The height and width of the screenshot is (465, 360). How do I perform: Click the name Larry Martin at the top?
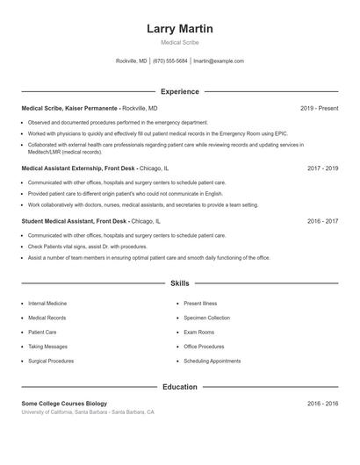point(180,29)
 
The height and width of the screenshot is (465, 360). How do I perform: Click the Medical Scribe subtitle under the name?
point(180,42)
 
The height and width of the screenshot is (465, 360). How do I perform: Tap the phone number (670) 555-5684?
point(170,61)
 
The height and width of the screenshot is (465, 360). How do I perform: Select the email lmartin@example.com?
point(219,61)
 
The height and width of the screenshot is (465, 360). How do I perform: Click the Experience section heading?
point(180,91)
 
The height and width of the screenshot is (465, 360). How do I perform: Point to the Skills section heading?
point(180,283)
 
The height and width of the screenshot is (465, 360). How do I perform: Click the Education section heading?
point(180,387)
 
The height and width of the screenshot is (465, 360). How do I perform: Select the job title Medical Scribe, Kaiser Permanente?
point(69,108)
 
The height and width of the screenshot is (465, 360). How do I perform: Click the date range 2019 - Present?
point(319,108)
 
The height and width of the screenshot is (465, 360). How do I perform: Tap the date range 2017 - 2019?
point(322,167)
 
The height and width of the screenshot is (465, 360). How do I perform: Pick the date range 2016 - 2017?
point(322,221)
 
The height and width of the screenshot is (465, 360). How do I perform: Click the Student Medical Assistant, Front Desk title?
point(75,221)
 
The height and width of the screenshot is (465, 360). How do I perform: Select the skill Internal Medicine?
point(48,303)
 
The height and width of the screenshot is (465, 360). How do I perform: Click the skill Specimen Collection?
point(207,318)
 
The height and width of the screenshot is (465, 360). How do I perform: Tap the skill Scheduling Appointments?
point(212,361)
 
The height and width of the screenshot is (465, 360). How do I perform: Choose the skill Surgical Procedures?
point(51,361)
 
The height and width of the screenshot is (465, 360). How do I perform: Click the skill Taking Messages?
point(47,347)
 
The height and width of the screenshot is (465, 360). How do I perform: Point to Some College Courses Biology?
point(64,404)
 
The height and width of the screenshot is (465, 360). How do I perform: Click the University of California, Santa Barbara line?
point(88,412)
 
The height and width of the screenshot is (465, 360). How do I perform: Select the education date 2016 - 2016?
point(322,404)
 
